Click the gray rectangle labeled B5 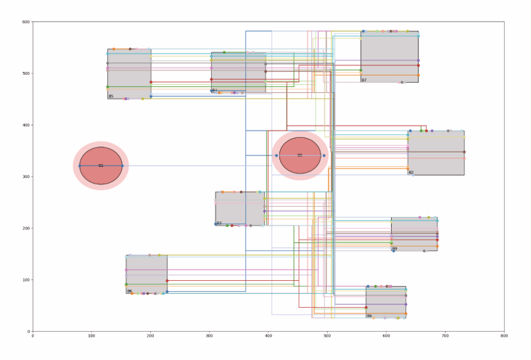[x=129, y=74]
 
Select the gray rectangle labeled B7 [x=390, y=57]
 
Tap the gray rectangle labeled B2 [x=436, y=152]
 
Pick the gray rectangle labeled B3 [x=239, y=208]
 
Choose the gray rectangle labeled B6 [x=147, y=274]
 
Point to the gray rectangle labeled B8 [x=386, y=302]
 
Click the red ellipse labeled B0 [x=300, y=155]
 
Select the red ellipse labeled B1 [x=101, y=165]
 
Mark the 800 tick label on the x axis [x=503, y=337]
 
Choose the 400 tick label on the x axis [x=268, y=337]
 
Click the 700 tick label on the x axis [x=445, y=337]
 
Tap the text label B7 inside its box [x=364, y=80]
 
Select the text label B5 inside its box [x=111, y=96]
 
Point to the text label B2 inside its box [x=411, y=173]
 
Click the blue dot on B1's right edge [x=122, y=165]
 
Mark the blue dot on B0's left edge [x=276, y=155]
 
